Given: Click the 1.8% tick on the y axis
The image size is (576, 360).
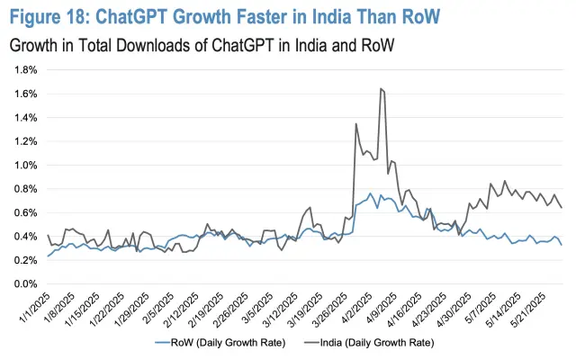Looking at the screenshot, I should [x=23, y=69].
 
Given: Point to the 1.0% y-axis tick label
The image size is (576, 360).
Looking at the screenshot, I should [x=23, y=165].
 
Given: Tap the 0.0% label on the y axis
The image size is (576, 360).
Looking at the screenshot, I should [x=23, y=284].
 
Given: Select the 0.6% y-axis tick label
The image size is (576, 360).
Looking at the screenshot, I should [x=23, y=212].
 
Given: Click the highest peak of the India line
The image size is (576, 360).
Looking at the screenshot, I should [x=382, y=88].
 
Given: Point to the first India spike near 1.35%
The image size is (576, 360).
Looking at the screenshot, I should [x=356, y=123].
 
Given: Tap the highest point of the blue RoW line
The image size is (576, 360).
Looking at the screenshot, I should [x=370, y=193].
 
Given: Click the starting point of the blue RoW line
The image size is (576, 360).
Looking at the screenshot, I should [x=48, y=256].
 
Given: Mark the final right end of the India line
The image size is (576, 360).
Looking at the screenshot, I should [x=562, y=208].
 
